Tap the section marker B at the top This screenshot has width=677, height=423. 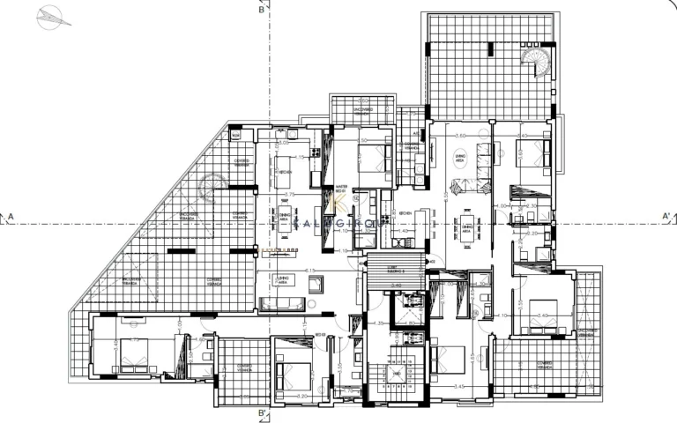pos(262,11)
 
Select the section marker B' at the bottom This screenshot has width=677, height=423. pos(262,412)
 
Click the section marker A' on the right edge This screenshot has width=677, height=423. pos(666,215)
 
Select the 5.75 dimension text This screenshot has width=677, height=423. pos(288,193)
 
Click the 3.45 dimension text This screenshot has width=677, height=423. pos(459,385)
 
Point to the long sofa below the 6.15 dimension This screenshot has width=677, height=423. pos(283,304)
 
